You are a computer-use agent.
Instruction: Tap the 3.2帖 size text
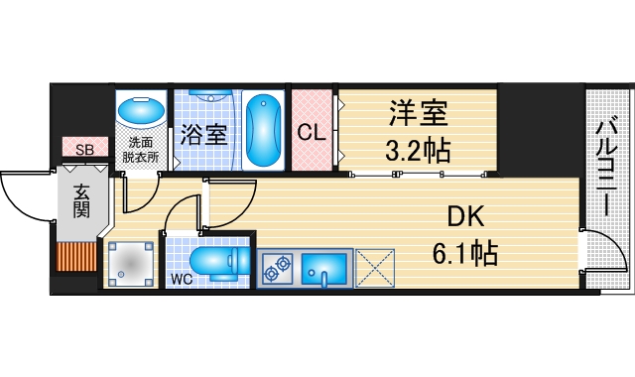pyautogui.click(x=419, y=150)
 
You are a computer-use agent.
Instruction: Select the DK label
pyautogui.click(x=463, y=215)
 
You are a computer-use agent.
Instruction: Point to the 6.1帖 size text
pyautogui.click(x=463, y=253)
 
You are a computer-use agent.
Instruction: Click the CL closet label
pyautogui.click(x=313, y=133)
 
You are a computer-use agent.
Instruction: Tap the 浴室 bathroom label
pyautogui.click(x=204, y=133)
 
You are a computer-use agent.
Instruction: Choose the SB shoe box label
pyautogui.click(x=86, y=149)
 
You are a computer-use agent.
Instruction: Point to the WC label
pyautogui.click(x=181, y=278)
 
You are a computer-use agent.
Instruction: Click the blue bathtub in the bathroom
pyautogui.click(x=264, y=131)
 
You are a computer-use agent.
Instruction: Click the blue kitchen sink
pyautogui.click(x=323, y=269)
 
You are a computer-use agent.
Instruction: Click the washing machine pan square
pyautogui.click(x=129, y=263)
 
